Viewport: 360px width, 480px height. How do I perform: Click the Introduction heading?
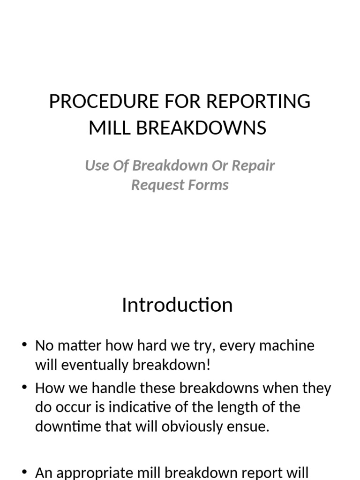(x=177, y=305)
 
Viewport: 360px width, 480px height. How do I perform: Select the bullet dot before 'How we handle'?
(x=25, y=388)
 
